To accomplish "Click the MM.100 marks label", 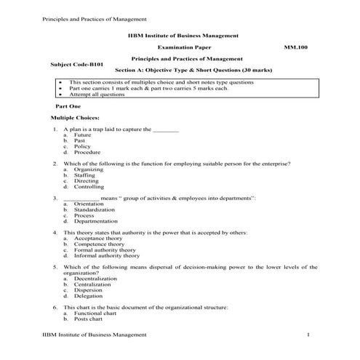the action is pos(297,47).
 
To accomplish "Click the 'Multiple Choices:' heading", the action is pos(75,118).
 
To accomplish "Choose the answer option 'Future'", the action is pos(82,135).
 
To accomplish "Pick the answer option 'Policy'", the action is pos(82,147).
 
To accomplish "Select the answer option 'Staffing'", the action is pos(84,175).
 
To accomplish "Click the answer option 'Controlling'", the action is pos(89,187).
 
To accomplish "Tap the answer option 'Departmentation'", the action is pos(95,221).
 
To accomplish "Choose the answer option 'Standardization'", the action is pos(95,209).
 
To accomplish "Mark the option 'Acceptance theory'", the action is pos(98,239).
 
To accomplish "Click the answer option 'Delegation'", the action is pos(88,296).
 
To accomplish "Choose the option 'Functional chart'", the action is pos(94,313).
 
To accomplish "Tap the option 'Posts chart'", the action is pos(88,319).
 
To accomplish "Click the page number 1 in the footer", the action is pos(308,334).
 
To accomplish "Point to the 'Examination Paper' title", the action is pos(180,47).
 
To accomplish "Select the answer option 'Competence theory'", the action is pos(99,244).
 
